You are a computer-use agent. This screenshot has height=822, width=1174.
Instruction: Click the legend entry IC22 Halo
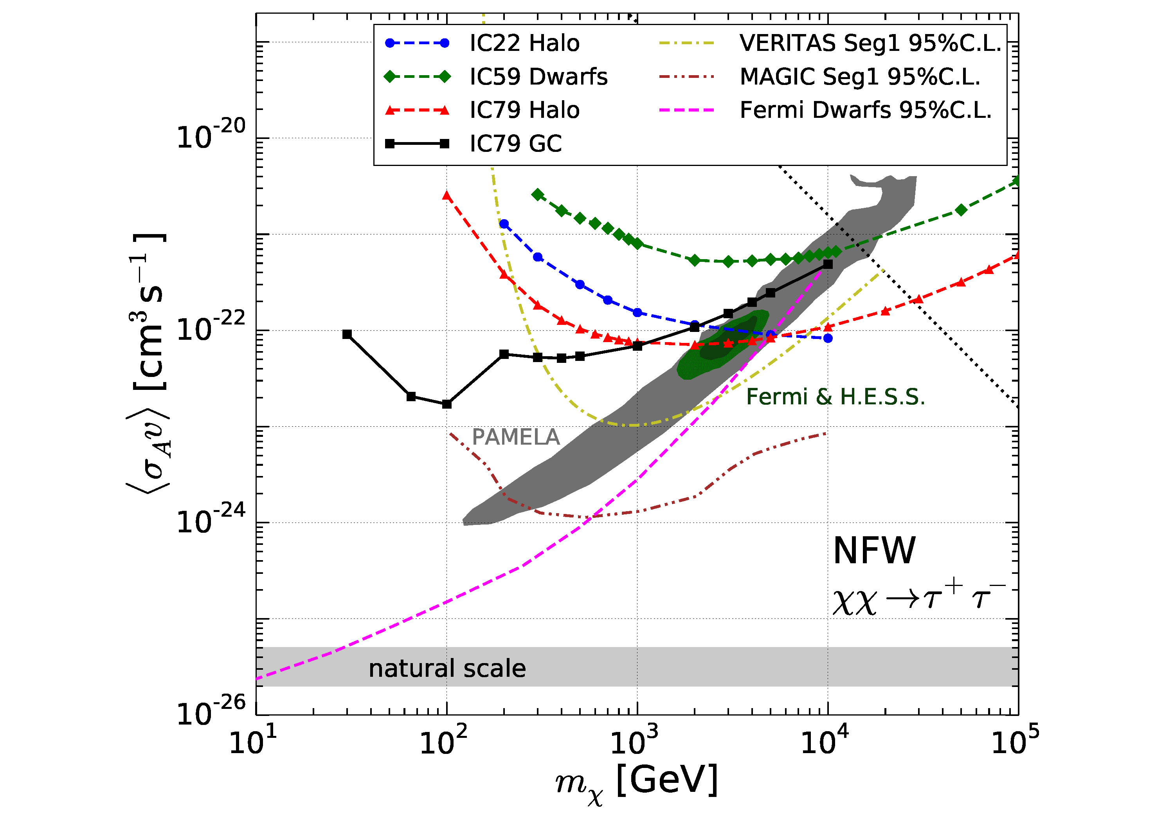coord(524,43)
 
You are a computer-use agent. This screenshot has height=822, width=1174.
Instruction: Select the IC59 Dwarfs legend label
coord(538,77)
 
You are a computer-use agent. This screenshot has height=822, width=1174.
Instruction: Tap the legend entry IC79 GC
coord(515,144)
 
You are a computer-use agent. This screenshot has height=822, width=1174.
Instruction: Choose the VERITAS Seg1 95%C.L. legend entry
coord(869,43)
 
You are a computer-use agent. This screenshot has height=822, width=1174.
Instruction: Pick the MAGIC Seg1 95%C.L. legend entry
coord(859,77)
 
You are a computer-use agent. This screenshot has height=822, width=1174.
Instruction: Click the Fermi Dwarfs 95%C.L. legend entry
coord(865,110)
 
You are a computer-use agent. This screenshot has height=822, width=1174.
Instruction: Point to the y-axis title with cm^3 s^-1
coord(148,363)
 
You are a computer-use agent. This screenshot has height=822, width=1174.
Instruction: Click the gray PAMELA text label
coord(515,437)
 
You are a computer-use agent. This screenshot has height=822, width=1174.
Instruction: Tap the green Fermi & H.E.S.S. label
coord(835,397)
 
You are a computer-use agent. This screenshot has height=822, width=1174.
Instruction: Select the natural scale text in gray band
coord(447,669)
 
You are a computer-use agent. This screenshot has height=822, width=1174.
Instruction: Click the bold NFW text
coord(874,552)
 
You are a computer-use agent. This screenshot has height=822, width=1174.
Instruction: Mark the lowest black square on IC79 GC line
coord(447,404)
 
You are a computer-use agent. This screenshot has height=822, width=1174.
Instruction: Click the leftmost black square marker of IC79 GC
coord(347,334)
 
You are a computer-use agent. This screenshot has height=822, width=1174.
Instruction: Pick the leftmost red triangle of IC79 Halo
coord(447,196)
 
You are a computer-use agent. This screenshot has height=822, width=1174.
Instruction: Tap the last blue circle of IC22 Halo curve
coord(828,338)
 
